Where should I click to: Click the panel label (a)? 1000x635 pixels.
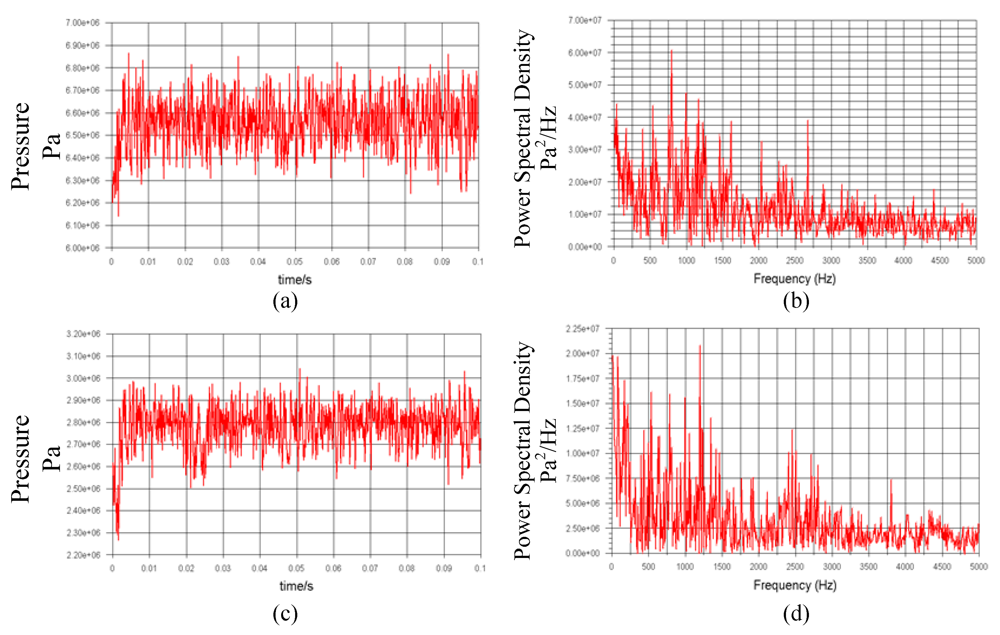click(x=285, y=301)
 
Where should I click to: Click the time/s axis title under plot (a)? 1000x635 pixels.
click(x=295, y=280)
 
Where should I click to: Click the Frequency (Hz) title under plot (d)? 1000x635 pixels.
click(x=794, y=585)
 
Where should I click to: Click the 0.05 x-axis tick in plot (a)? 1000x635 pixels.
click(x=295, y=262)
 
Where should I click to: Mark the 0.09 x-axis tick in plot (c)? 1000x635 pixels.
click(x=444, y=568)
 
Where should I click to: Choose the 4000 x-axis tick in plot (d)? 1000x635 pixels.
click(x=905, y=566)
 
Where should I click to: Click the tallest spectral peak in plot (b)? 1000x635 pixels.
click(x=672, y=51)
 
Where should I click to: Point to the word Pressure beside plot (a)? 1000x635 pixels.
click(x=20, y=146)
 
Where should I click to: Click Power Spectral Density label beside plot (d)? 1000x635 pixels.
click(x=523, y=450)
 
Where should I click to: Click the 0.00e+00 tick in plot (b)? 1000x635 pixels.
click(x=584, y=247)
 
